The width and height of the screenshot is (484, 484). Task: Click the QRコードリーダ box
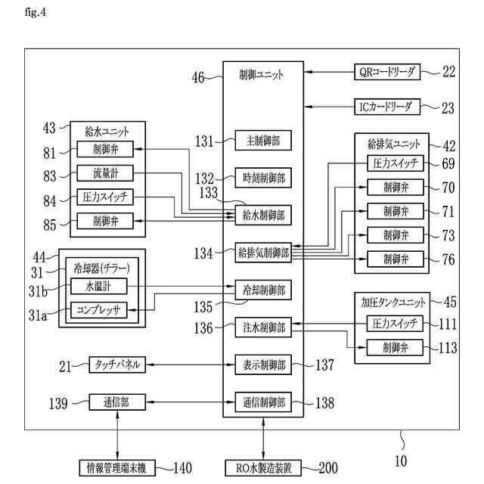click(x=386, y=72)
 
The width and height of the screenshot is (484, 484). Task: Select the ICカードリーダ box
click(x=386, y=107)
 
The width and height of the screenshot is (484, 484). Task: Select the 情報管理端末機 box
click(x=116, y=467)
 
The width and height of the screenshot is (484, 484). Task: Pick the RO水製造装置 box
click(x=261, y=467)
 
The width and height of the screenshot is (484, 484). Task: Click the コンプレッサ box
click(x=98, y=309)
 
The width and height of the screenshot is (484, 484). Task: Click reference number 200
click(x=328, y=467)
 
